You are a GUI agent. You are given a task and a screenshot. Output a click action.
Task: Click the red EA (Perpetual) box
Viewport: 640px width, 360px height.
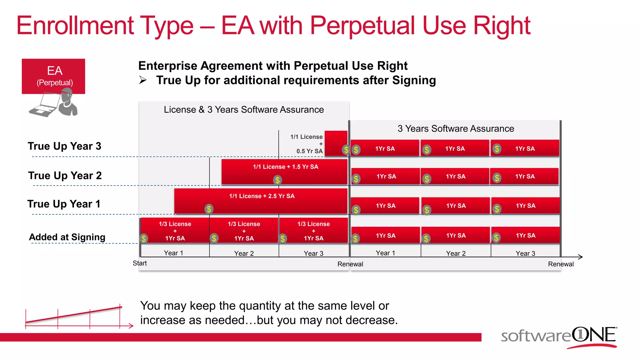tap(53, 76)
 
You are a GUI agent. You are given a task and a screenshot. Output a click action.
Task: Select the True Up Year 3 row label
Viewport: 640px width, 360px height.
tap(64, 146)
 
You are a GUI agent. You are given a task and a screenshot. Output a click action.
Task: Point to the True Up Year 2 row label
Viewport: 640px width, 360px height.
tap(65, 176)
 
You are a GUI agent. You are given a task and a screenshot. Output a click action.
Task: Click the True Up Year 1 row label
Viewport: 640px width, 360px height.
tap(64, 204)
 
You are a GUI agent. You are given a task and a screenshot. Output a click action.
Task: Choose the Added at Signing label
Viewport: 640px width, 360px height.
tap(67, 237)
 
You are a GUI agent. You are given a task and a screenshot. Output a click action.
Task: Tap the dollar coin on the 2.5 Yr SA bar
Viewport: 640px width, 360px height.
tap(209, 209)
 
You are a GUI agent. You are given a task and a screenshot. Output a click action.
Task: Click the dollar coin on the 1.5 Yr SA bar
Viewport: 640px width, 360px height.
tap(277, 180)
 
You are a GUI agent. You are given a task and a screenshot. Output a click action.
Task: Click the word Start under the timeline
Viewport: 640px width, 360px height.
tap(140, 263)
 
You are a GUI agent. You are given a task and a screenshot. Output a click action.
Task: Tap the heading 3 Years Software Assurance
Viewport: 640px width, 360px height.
tap(456, 129)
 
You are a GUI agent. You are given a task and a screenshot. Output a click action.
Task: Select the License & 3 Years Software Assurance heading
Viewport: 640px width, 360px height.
tap(244, 110)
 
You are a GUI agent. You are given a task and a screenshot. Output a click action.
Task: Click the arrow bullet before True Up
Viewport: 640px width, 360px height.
tap(143, 80)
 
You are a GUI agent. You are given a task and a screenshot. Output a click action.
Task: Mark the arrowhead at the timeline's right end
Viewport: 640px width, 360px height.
tap(580, 257)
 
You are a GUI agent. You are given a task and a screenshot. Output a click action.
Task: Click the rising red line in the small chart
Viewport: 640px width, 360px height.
tap(73, 315)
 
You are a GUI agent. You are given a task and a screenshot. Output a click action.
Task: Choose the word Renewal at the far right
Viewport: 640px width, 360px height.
tap(561, 264)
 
